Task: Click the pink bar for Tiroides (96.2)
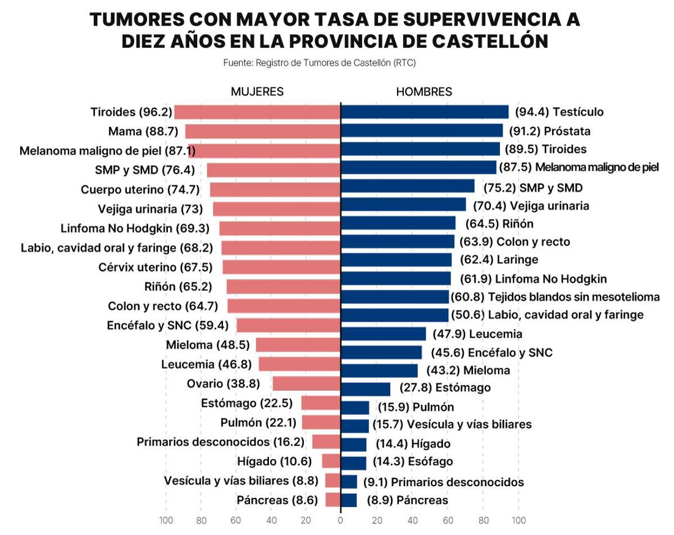click(257, 112)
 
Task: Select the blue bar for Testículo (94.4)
click(425, 112)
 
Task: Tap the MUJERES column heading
click(257, 92)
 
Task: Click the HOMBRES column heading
click(424, 92)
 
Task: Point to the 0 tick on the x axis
click(340, 520)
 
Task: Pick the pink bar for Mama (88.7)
click(263, 131)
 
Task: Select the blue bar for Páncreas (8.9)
click(349, 500)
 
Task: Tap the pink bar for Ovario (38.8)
click(306, 384)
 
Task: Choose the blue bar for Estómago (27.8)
click(366, 388)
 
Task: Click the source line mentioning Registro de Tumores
click(319, 63)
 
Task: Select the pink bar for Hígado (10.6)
click(331, 461)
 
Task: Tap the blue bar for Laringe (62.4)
click(396, 260)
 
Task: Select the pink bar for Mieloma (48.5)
click(298, 345)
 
